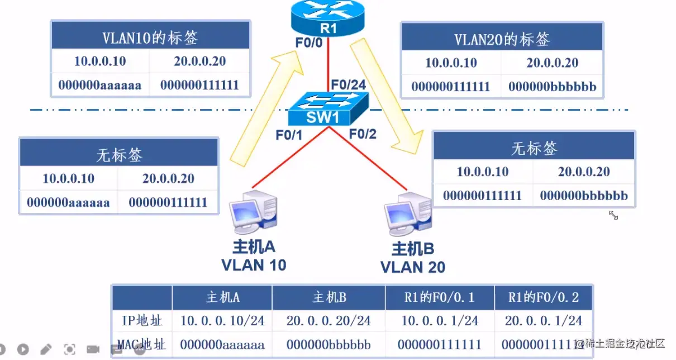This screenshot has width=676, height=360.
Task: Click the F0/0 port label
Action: coord(309,42)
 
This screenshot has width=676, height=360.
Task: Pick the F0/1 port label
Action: coord(288,135)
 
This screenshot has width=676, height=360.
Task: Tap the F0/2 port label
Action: coord(363,134)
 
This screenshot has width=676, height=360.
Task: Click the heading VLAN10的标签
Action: coord(150,37)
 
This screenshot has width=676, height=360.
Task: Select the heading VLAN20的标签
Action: coord(502,39)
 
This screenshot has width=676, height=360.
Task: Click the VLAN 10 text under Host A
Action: coord(254,264)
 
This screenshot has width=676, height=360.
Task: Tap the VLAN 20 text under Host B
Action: coord(413,267)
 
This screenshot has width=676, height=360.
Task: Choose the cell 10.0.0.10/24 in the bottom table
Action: coord(222,321)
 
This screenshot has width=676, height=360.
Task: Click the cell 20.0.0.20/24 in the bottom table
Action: coord(329,321)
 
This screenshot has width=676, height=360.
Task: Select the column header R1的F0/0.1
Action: coord(440,297)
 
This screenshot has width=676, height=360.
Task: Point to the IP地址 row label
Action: coord(142,321)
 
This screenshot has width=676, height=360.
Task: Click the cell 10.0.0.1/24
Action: coord(440,321)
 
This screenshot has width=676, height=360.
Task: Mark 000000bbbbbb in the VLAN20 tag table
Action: coord(552,87)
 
